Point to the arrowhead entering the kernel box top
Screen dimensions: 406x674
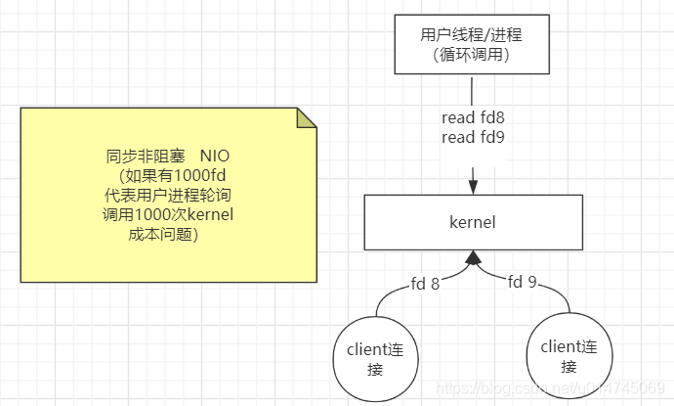[474, 186]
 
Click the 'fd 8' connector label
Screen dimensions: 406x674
[423, 286]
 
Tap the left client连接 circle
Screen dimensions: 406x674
[374, 358]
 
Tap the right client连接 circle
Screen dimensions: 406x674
[569, 356]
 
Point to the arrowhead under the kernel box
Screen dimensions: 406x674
[474, 258]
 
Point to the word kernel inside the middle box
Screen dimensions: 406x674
[474, 223]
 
